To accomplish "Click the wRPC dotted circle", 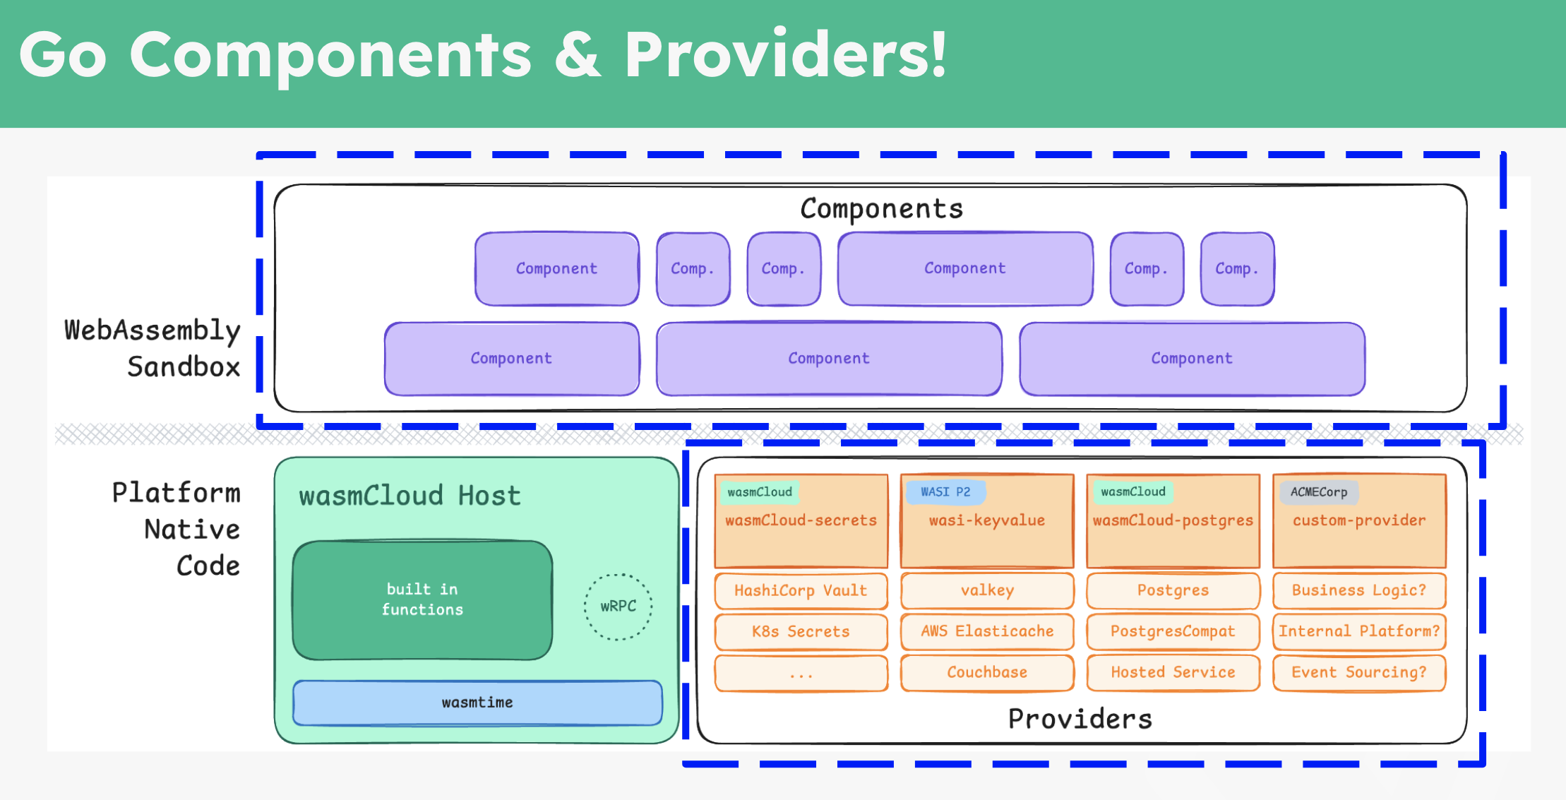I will coord(618,607).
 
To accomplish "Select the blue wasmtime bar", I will coord(477,703).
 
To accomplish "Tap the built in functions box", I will coord(422,599).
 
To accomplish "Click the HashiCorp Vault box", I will coord(801,590).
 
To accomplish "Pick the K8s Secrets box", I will coord(801,631).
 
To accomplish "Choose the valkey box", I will coord(987,590).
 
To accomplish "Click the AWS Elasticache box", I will coord(987,631).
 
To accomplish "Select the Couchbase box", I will coord(987,672).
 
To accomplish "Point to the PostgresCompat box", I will coord(1173,631).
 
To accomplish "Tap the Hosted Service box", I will coord(1173,672).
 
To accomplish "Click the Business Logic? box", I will coord(1359,590).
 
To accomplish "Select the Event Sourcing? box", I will coord(1359,672).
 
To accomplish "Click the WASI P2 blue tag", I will coord(945,491).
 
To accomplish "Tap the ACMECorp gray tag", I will coord(1318,491).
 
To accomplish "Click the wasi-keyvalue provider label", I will coord(987,520).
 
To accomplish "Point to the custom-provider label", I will coord(1359,520).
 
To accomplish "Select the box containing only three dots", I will coord(801,673).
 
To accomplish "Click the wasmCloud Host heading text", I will coord(410,496).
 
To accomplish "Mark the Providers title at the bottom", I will coord(1080,719).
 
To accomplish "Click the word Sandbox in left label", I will coord(184,367).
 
